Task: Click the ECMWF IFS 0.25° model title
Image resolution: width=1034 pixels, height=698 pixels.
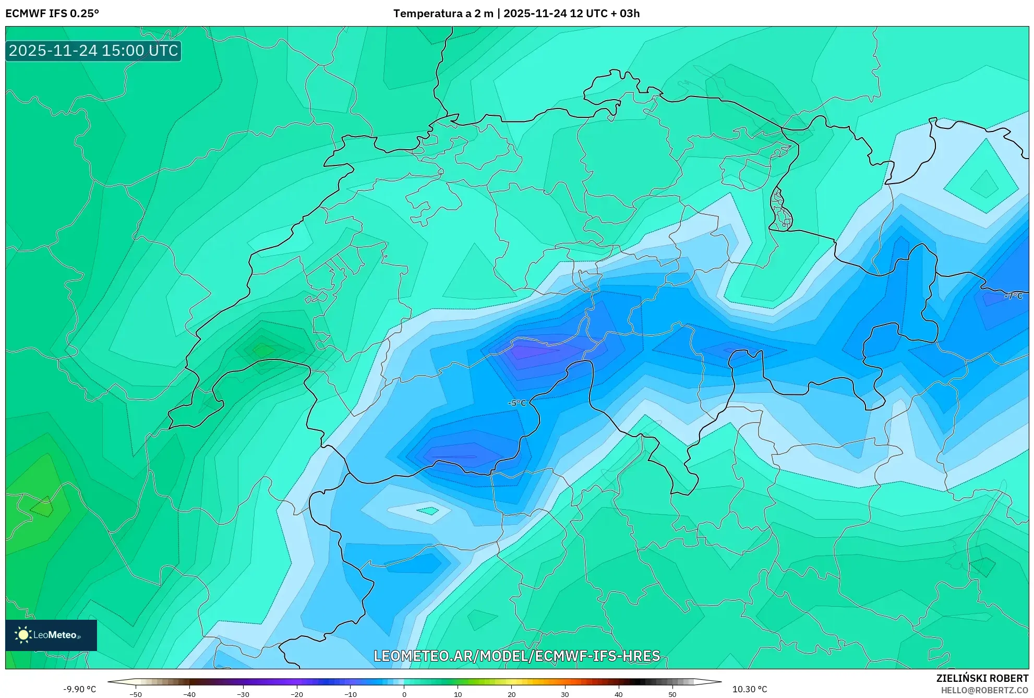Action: [52, 14]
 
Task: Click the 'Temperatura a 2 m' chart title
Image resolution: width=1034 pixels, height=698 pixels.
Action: [443, 14]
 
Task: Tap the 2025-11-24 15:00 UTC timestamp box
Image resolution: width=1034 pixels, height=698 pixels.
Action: [93, 51]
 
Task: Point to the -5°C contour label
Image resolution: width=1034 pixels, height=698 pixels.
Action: [517, 403]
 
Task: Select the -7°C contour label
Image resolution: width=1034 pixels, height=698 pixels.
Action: [1013, 296]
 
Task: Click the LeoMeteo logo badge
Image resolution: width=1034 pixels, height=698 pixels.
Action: [51, 635]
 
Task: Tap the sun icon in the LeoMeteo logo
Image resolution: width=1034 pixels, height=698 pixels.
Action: [23, 635]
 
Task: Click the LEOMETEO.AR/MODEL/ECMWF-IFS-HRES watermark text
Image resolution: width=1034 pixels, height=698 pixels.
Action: [516, 656]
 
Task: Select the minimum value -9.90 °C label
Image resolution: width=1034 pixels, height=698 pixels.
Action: [80, 689]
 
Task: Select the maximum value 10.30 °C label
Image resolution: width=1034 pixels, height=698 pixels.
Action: [750, 689]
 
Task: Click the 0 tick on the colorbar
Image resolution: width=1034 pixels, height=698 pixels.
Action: [404, 694]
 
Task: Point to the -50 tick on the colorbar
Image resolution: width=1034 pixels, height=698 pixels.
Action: [136, 694]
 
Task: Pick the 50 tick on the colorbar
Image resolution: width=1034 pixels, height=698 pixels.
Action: [672, 694]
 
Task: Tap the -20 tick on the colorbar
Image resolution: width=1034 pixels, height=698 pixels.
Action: [296, 694]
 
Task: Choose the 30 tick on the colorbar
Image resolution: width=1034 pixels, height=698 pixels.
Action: [565, 694]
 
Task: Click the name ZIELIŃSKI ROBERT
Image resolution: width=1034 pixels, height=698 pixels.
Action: [982, 678]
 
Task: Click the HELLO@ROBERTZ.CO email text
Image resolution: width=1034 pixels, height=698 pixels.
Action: [984, 690]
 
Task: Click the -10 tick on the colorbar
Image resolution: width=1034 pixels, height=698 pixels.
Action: [350, 694]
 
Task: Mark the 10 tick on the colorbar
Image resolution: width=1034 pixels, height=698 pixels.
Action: [458, 694]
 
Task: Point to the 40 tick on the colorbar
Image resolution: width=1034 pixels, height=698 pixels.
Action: [619, 694]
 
